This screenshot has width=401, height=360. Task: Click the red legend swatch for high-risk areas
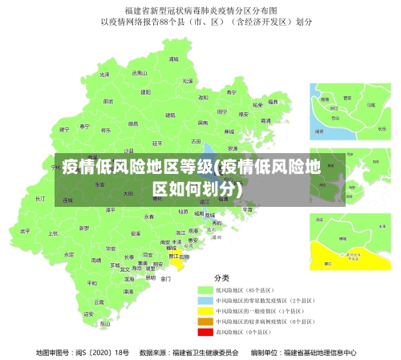click(204, 331)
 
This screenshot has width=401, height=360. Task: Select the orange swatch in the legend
click(204, 321)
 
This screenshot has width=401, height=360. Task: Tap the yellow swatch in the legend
click(204, 310)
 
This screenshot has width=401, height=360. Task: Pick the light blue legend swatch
click(204, 300)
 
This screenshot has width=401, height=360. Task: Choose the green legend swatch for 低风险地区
click(204, 289)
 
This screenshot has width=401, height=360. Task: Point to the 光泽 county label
click(104, 74)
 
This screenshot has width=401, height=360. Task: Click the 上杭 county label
click(53, 234)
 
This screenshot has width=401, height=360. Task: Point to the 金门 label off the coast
click(166, 279)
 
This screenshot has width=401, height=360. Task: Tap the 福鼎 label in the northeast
click(273, 102)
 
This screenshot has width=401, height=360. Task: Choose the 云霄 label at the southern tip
click(99, 302)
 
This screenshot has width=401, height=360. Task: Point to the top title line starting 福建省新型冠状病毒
click(200, 10)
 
